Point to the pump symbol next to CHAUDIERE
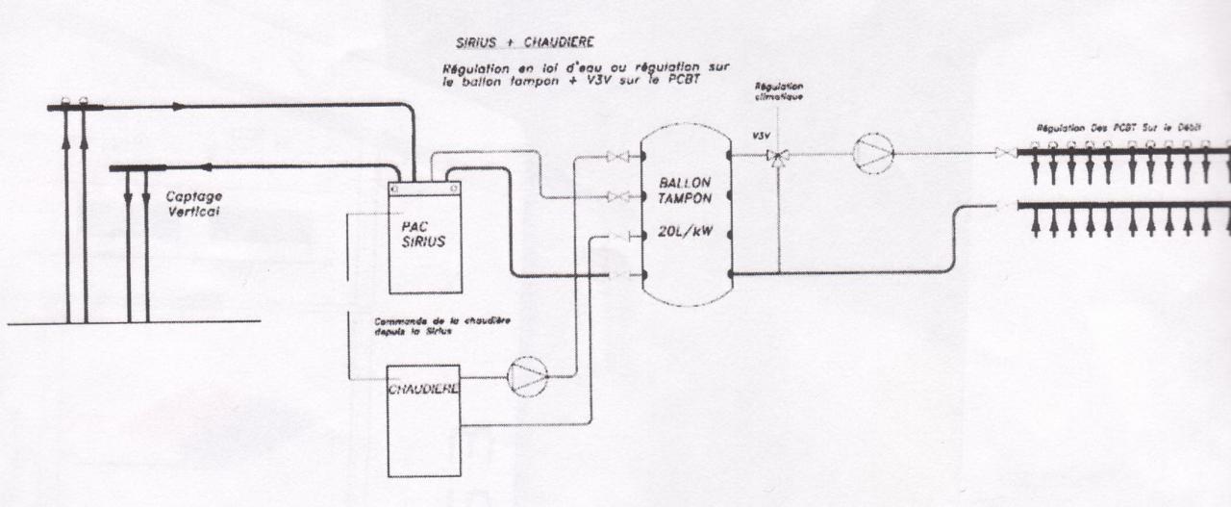pos(528,377)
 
